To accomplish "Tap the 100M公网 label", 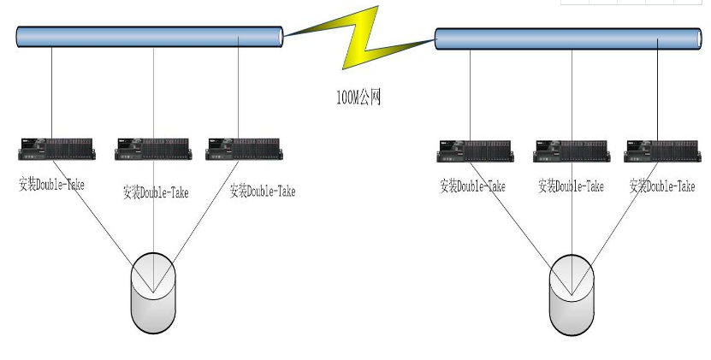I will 358,97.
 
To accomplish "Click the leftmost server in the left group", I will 56,149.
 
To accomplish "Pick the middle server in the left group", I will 153,149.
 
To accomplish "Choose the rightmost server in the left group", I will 245,149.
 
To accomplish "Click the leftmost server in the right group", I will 476,150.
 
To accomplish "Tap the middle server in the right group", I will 572,150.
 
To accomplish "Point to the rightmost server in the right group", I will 661,150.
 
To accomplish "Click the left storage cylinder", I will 153,292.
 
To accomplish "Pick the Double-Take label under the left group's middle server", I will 156,192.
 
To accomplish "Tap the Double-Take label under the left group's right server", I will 263,191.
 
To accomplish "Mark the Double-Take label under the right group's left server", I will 472,186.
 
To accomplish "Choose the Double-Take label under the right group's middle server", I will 571,186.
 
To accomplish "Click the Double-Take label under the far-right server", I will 662,185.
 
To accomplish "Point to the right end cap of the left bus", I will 278,37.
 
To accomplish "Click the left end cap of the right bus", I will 439,38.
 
